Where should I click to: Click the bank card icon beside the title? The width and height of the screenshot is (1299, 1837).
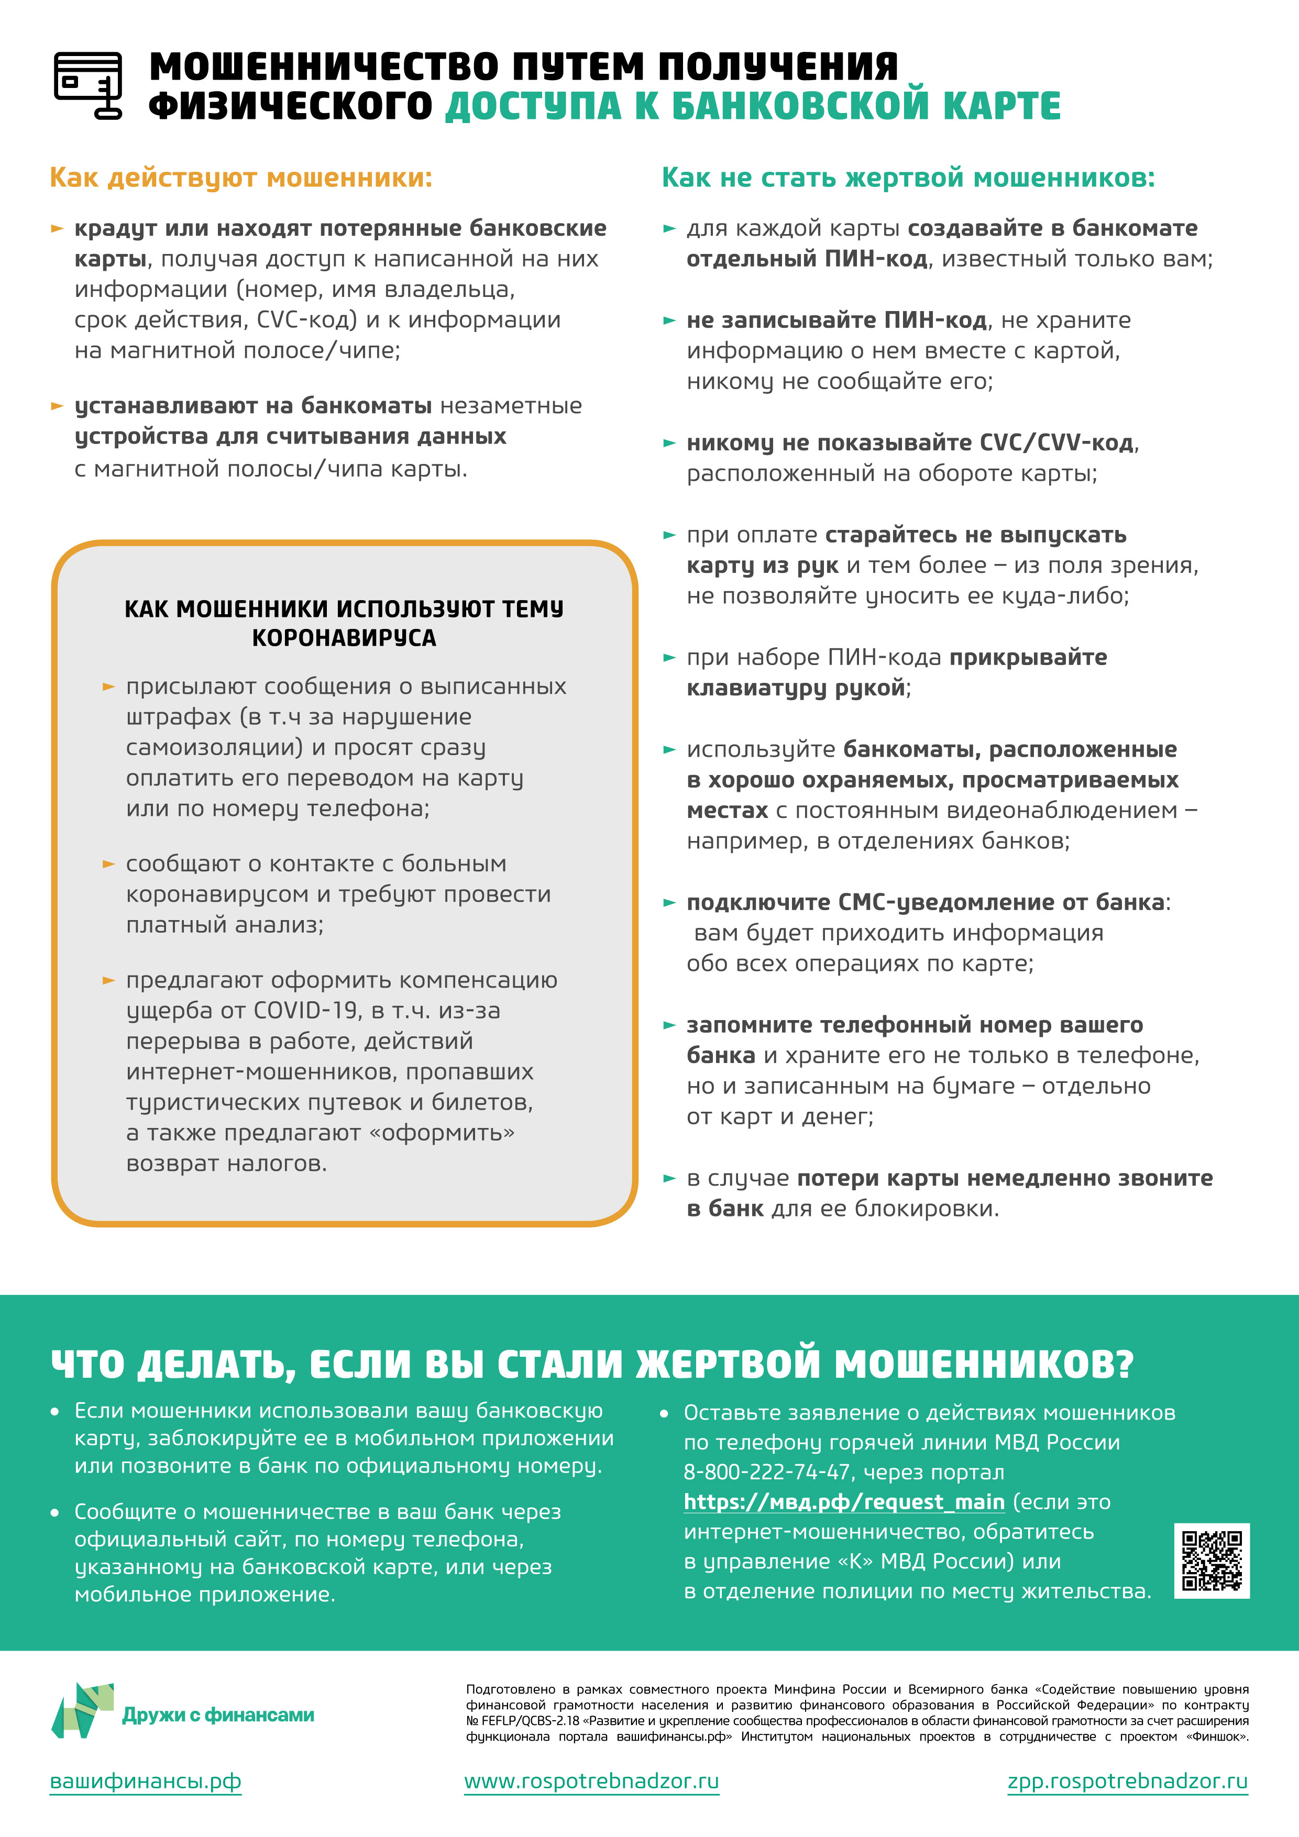88,85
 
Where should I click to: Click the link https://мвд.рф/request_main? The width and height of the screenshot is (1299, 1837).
844,1502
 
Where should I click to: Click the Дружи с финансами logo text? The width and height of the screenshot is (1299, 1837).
218,1714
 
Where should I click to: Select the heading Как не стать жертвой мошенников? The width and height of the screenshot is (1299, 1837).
908,177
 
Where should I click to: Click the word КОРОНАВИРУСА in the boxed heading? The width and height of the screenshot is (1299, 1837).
344,638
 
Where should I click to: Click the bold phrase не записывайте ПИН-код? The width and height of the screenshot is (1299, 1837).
836,320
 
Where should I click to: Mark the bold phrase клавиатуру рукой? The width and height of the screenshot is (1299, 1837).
796,687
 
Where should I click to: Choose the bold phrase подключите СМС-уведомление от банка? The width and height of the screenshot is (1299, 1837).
924,902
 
